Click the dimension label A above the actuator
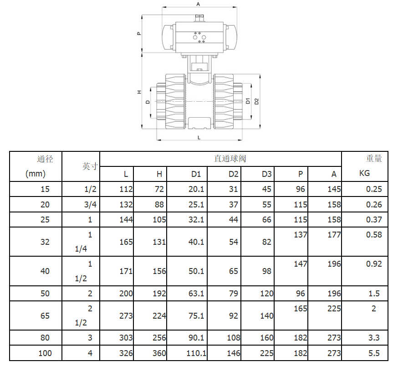coord(198,4)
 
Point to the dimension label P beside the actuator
coord(139,33)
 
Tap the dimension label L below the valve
coord(199,138)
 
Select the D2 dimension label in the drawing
coord(256,101)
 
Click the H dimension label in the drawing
coord(139,92)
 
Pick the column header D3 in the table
coord(266,174)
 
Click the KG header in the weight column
coord(364,173)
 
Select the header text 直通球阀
coord(230,159)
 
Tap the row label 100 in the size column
coord(45,353)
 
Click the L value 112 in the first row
coord(126,189)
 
